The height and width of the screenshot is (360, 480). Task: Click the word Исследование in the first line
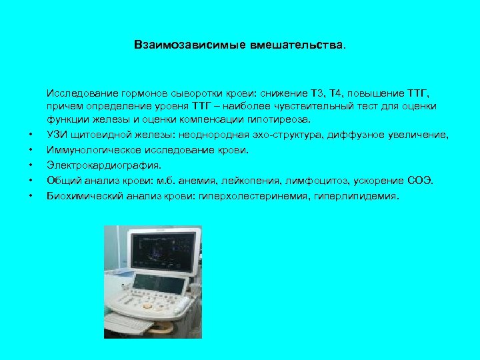tap(77, 93)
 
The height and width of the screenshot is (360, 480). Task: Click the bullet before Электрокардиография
tap(30, 165)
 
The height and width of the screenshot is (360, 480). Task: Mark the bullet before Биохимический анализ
tap(30, 196)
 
